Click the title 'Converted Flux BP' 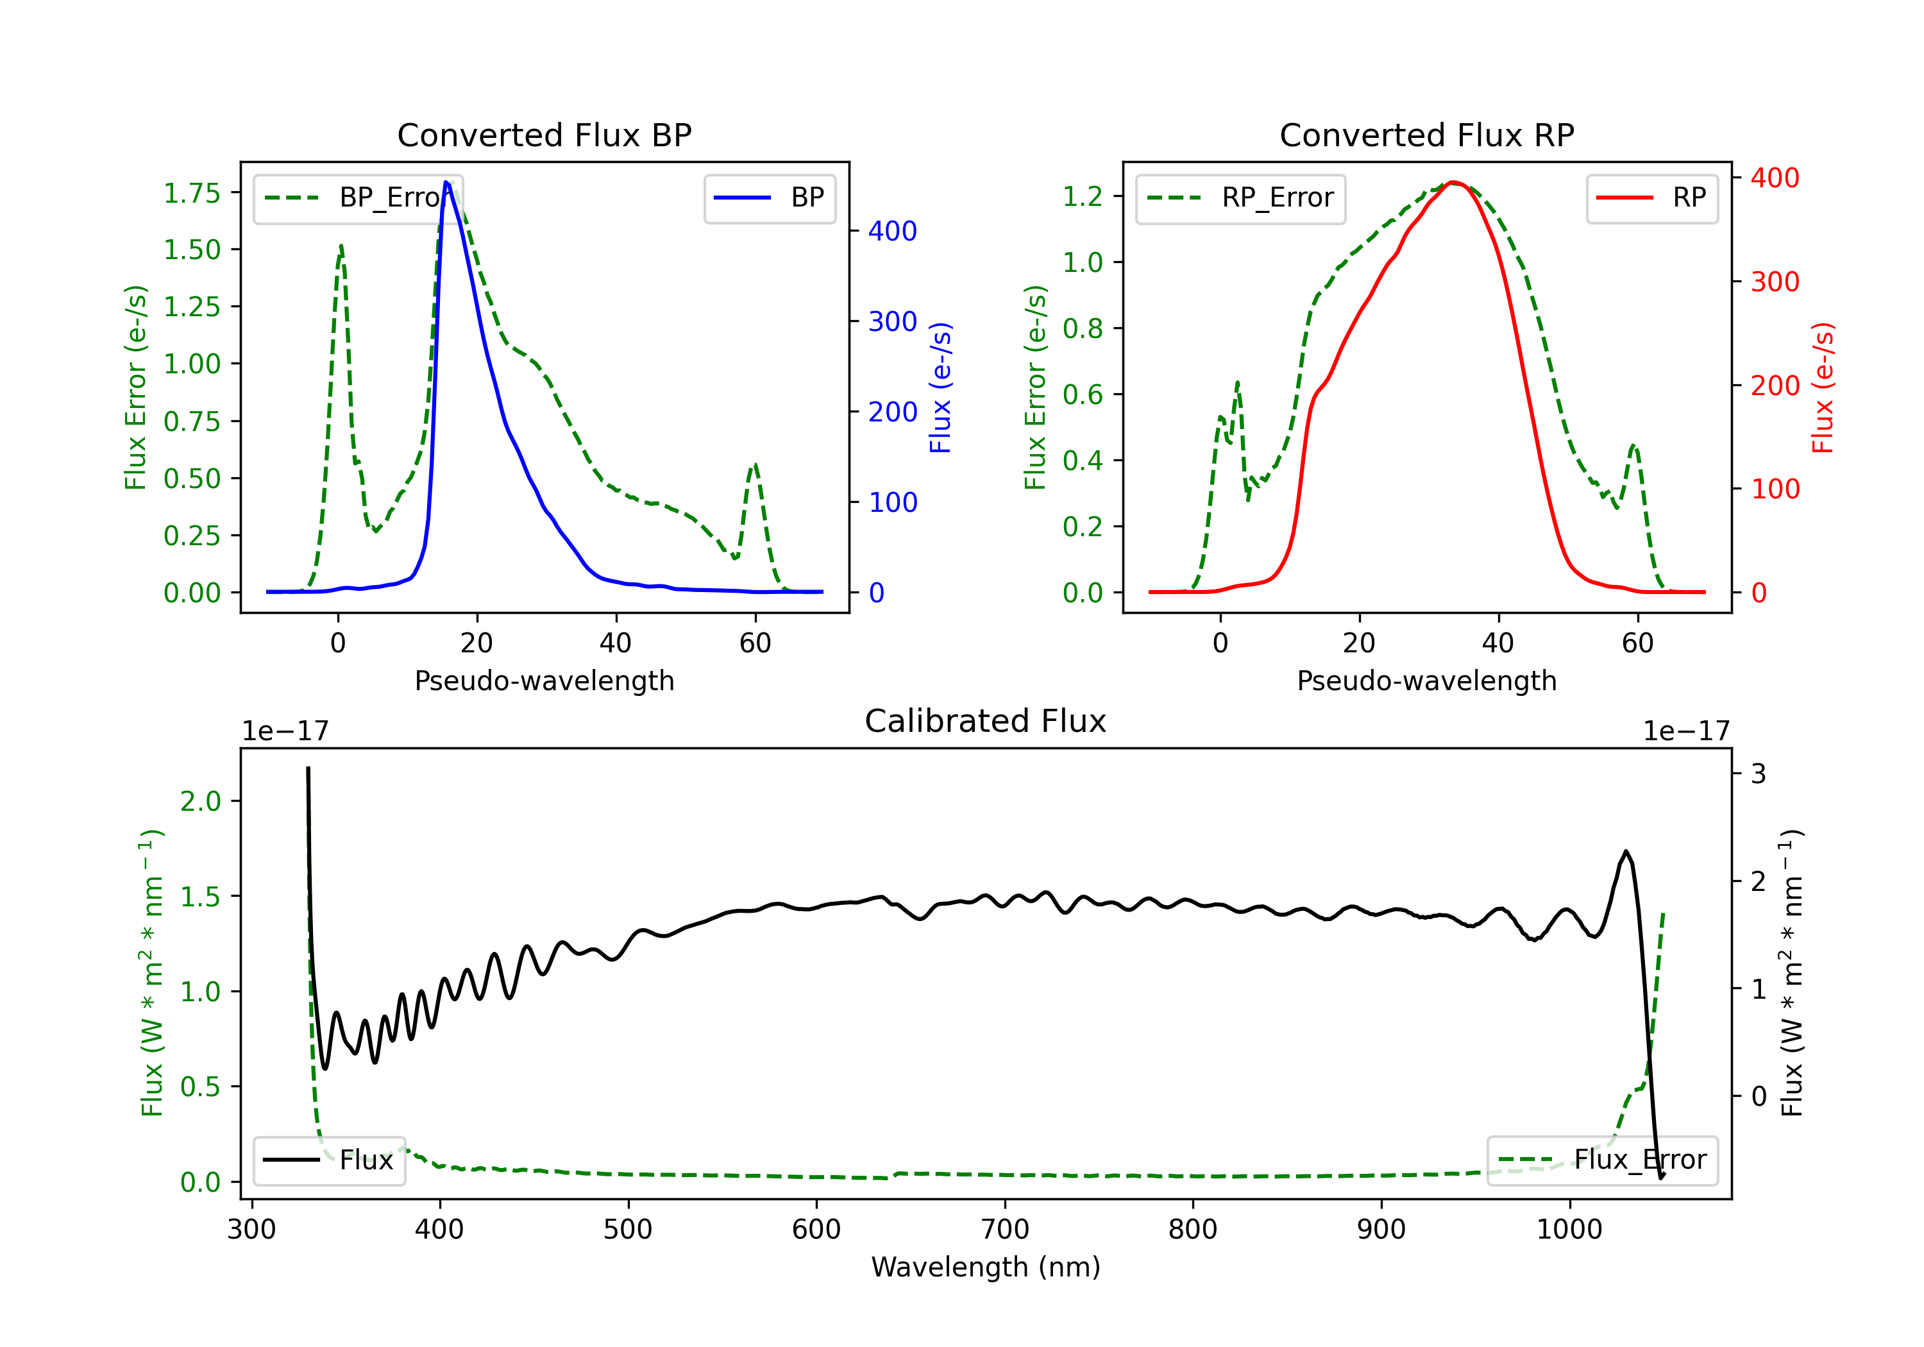pyautogui.click(x=544, y=135)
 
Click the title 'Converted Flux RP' pyautogui.click(x=1426, y=135)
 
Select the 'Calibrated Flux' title pyautogui.click(x=986, y=721)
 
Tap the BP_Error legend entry pyautogui.click(x=358, y=198)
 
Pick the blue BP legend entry pyautogui.click(x=769, y=198)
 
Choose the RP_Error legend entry pyautogui.click(x=1240, y=198)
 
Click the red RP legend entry pyautogui.click(x=1651, y=198)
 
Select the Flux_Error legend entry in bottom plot pyautogui.click(x=1602, y=1160)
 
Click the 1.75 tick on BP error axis pyautogui.click(x=192, y=193)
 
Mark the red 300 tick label pyautogui.click(x=1775, y=282)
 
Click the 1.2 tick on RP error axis pyautogui.click(x=1083, y=196)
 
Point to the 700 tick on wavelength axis pyautogui.click(x=1005, y=1230)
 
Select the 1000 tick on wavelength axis pyautogui.click(x=1569, y=1230)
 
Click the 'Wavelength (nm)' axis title pyautogui.click(x=986, y=1267)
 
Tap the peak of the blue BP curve pyautogui.click(x=446, y=182)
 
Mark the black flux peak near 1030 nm pyautogui.click(x=1626, y=852)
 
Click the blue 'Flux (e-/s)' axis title pyautogui.click(x=941, y=387)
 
